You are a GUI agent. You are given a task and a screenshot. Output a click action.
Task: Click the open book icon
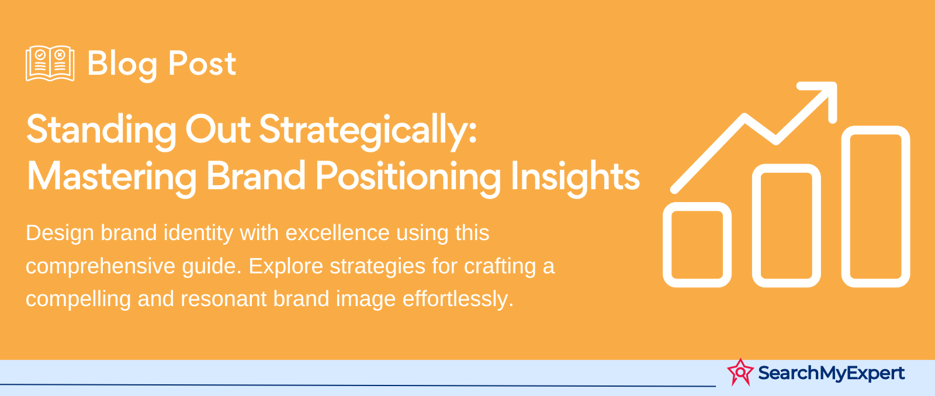(x=50, y=63)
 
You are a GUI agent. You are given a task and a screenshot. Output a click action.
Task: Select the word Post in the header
(x=202, y=64)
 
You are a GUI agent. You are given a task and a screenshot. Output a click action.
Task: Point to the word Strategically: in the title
(x=368, y=131)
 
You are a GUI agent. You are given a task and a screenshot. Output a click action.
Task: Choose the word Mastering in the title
(x=112, y=177)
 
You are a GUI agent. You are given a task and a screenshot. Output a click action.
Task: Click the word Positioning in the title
(x=408, y=177)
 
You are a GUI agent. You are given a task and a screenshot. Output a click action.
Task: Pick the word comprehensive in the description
(x=101, y=266)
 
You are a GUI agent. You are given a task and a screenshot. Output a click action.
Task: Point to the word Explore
(x=286, y=266)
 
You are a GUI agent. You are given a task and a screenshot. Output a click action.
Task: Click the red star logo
(x=740, y=372)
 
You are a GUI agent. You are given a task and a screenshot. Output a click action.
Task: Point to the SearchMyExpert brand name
(x=832, y=373)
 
